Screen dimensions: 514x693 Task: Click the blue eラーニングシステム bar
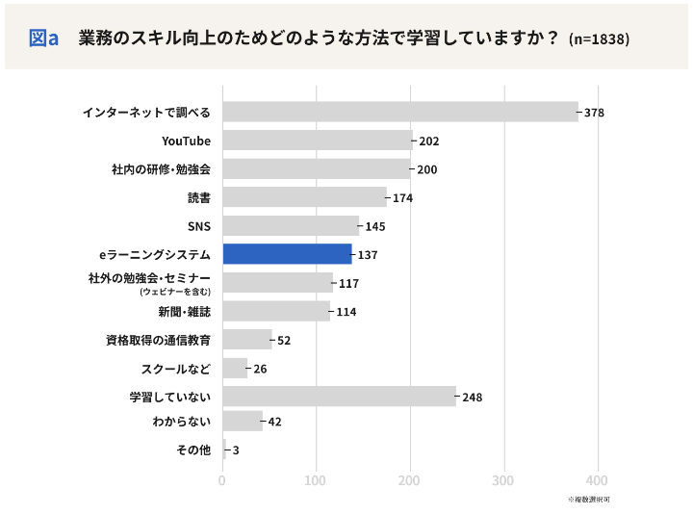[x=287, y=254]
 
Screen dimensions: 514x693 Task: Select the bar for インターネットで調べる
[x=399, y=112]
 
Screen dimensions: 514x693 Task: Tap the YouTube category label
[x=186, y=141]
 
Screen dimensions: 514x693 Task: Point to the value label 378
[x=594, y=113]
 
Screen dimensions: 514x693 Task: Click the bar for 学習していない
[x=339, y=397]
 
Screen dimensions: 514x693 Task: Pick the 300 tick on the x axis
[x=504, y=480]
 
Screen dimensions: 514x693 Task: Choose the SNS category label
[x=198, y=226]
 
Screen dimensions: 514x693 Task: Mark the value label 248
[x=472, y=398]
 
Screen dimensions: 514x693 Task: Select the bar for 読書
[x=304, y=197]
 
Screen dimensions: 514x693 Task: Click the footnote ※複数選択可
[x=588, y=500]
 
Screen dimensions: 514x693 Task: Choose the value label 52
[x=284, y=340]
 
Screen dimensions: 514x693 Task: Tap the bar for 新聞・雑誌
[x=276, y=311]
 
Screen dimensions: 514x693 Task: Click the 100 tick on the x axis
[x=316, y=480]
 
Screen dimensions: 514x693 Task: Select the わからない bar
[x=242, y=421]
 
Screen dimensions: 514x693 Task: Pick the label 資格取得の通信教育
[x=158, y=340]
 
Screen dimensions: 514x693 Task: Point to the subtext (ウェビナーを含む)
[x=174, y=291]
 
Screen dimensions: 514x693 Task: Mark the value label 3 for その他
[x=236, y=450]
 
